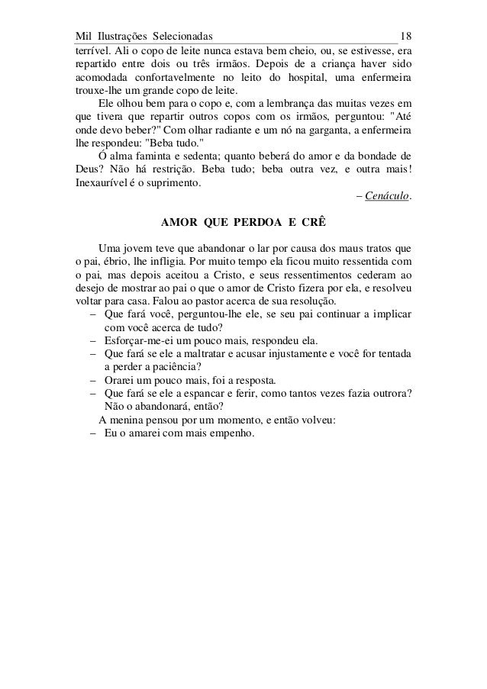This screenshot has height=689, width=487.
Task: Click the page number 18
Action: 406,37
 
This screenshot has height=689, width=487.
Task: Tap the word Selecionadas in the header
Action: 182,37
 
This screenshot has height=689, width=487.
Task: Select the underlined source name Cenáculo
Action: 388,198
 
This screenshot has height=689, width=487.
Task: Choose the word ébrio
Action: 115,262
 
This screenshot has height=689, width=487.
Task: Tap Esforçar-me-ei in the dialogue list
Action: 138,340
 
